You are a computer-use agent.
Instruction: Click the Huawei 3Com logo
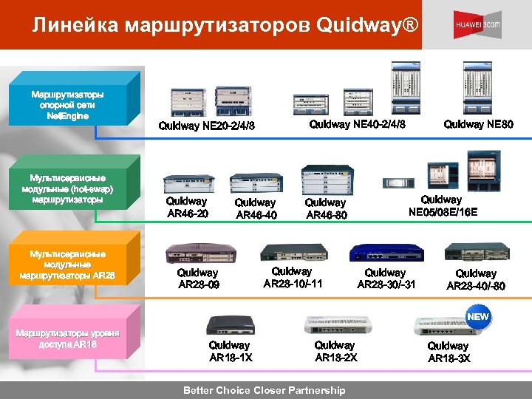point(477,24)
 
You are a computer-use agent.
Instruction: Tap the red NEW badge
point(478,316)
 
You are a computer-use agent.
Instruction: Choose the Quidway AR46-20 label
point(187,207)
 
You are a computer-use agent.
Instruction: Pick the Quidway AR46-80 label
point(325,208)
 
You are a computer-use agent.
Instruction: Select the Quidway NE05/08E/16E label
point(443,205)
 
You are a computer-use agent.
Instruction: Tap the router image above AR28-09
point(196,252)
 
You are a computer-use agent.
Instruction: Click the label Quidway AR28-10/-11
point(293,277)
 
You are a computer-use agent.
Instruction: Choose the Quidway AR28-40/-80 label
point(476,280)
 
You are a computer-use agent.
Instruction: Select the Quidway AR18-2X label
point(335,351)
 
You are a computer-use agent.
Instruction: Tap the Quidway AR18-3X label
point(449,352)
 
